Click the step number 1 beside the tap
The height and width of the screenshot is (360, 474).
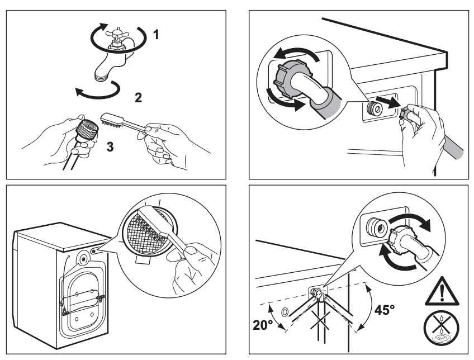(x=156, y=35)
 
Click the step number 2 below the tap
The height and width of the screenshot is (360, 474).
(x=138, y=98)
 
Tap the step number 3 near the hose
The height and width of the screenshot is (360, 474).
(x=110, y=146)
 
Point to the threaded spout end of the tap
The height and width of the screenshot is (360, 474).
(x=101, y=77)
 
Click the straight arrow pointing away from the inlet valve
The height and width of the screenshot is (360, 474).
(x=390, y=103)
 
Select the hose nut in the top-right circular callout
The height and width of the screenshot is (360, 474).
(x=288, y=78)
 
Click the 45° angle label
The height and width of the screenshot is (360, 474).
(x=384, y=310)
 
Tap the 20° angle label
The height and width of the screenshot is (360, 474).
(x=262, y=325)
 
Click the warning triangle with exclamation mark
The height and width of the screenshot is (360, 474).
(x=442, y=291)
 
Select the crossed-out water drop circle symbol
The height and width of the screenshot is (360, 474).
(x=442, y=328)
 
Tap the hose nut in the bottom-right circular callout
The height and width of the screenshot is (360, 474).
(x=399, y=239)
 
